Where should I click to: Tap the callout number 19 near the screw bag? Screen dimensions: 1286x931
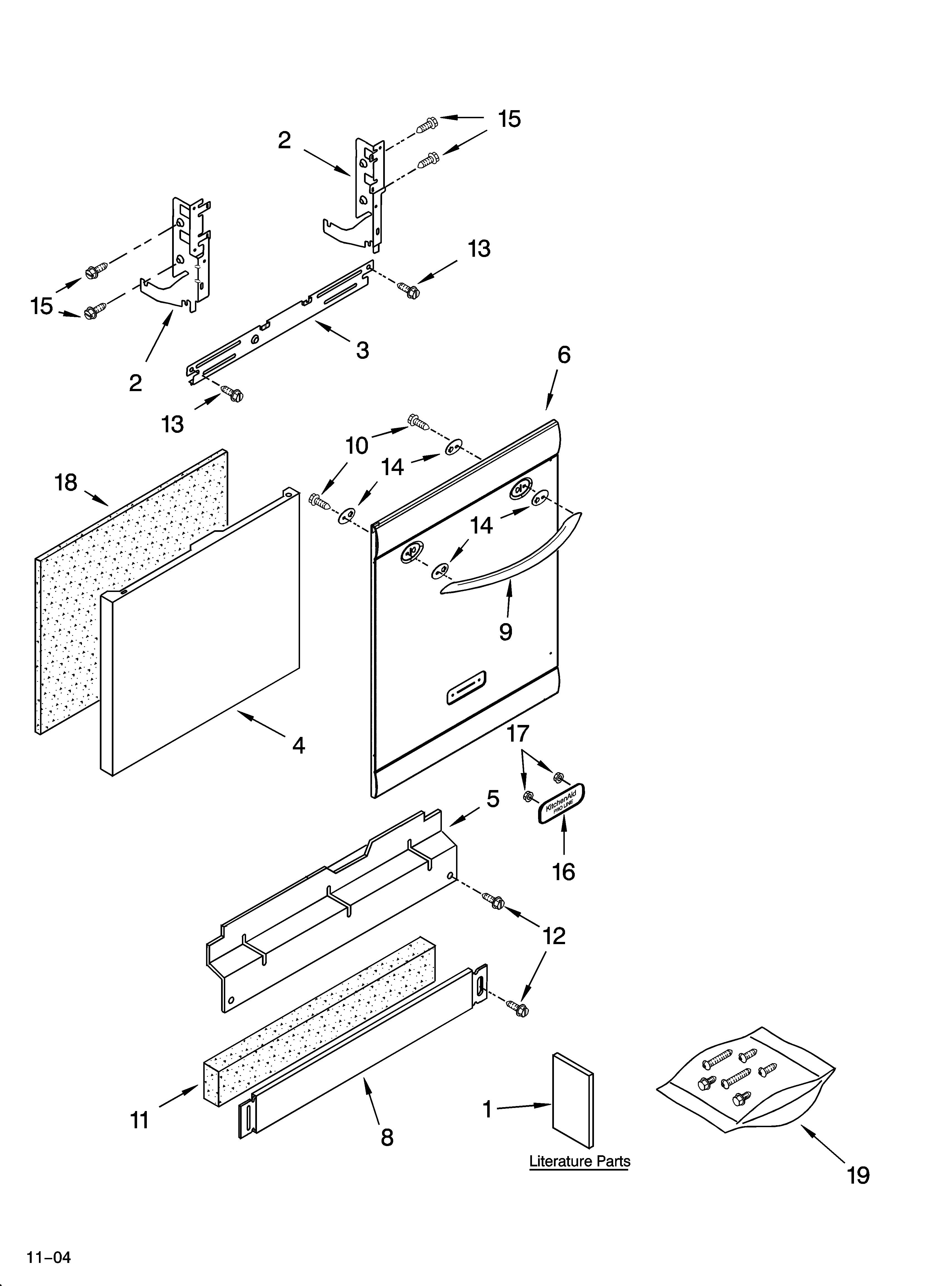point(858,1176)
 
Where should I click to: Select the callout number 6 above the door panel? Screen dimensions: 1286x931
point(564,355)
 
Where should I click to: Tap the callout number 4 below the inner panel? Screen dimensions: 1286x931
point(298,745)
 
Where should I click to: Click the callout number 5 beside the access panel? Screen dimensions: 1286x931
point(493,799)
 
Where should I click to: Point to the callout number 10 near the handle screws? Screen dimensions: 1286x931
point(357,446)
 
